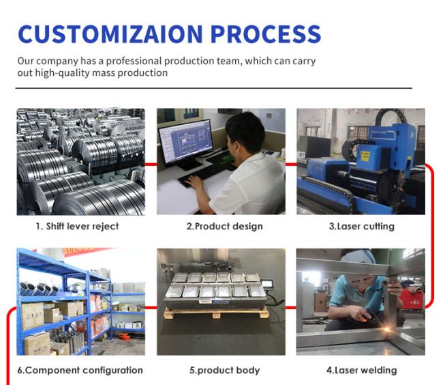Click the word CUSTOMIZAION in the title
pos(110,34)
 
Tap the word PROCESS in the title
pos(266,34)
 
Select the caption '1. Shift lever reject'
pos(77,227)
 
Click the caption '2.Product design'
pos(225,227)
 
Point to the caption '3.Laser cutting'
pos(362,227)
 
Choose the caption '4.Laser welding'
pos(362,370)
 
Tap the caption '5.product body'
pos(225,370)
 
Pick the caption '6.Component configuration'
pos(80,370)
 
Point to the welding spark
pos(387,329)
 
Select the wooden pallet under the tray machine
pos(216,313)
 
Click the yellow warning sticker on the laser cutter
pos(365,156)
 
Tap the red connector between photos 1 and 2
pos(151,164)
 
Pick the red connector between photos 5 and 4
pos(291,307)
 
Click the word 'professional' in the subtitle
pos(134,61)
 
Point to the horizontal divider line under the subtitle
pos(214,88)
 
